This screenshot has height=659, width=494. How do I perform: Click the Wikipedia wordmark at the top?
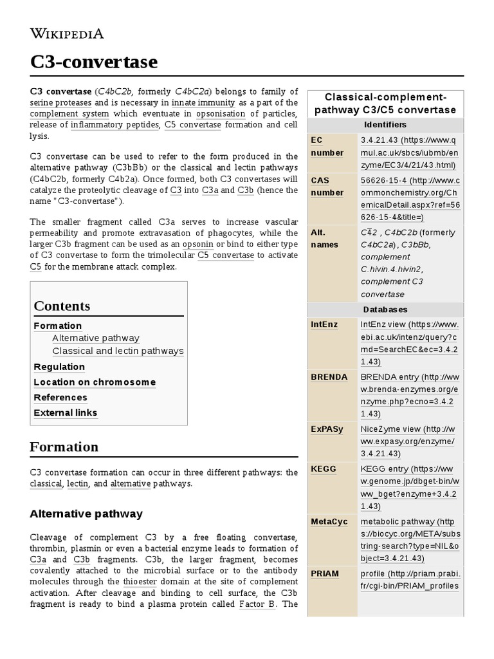tap(67, 33)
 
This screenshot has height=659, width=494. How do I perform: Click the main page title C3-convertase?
tap(93, 62)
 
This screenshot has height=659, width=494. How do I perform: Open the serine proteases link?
tap(61, 102)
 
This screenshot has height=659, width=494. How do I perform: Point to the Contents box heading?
tap(62, 306)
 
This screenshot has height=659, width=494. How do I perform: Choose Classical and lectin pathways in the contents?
tap(118, 351)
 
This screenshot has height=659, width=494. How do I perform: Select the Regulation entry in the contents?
tap(59, 367)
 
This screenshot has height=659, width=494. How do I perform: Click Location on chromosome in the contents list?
tap(95, 382)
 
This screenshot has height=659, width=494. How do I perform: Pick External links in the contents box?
tap(66, 413)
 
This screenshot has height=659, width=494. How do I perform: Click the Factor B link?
tap(257, 604)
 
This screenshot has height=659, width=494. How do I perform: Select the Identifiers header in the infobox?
tap(385, 124)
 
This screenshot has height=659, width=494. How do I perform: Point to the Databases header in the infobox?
tap(385, 310)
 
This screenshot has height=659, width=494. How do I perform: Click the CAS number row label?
tap(327, 187)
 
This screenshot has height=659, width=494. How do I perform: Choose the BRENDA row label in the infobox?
tap(329, 377)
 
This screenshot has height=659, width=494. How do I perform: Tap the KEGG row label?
tap(323, 469)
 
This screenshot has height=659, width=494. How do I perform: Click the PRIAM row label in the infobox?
tap(325, 573)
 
